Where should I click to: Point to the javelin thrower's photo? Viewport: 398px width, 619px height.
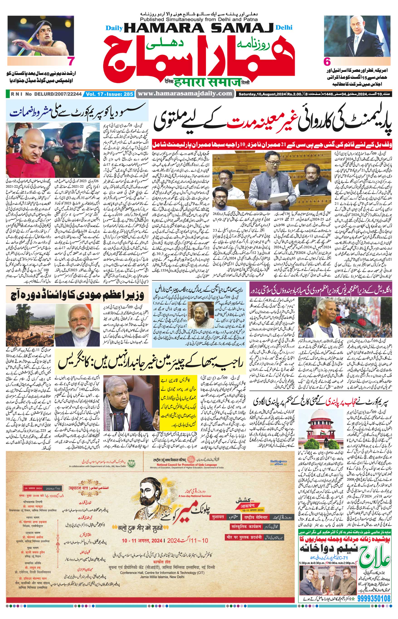(x=41, y=36)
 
